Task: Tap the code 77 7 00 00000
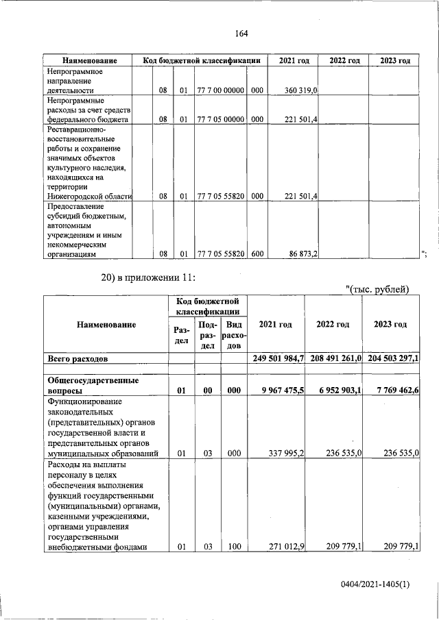220,90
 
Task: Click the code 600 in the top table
256,253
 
